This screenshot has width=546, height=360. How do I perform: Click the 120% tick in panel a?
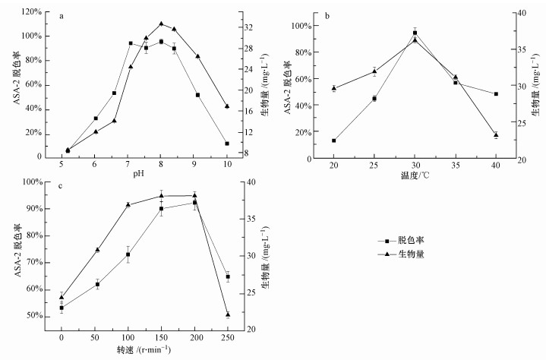tap(31, 12)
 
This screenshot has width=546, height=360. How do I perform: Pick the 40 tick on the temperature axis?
tap(496, 165)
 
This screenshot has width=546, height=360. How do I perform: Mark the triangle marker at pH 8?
tap(161, 24)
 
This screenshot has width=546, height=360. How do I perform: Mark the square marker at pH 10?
tap(227, 143)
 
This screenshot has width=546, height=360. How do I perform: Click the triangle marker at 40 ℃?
tap(496, 134)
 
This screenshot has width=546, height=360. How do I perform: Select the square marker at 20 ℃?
tap(334, 141)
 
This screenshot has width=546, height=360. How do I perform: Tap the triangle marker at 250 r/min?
tap(228, 314)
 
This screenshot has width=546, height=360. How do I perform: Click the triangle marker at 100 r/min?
tap(128, 204)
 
